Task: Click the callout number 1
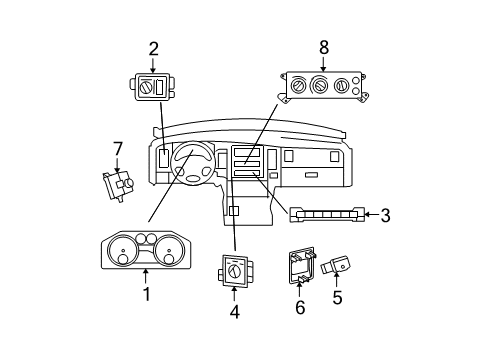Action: click(x=146, y=294)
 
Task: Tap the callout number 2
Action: click(x=153, y=47)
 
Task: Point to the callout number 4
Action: click(x=234, y=310)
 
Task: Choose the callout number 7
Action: click(x=117, y=149)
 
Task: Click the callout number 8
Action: click(x=323, y=46)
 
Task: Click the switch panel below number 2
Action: click(x=153, y=90)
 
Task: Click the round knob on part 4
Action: click(x=235, y=269)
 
